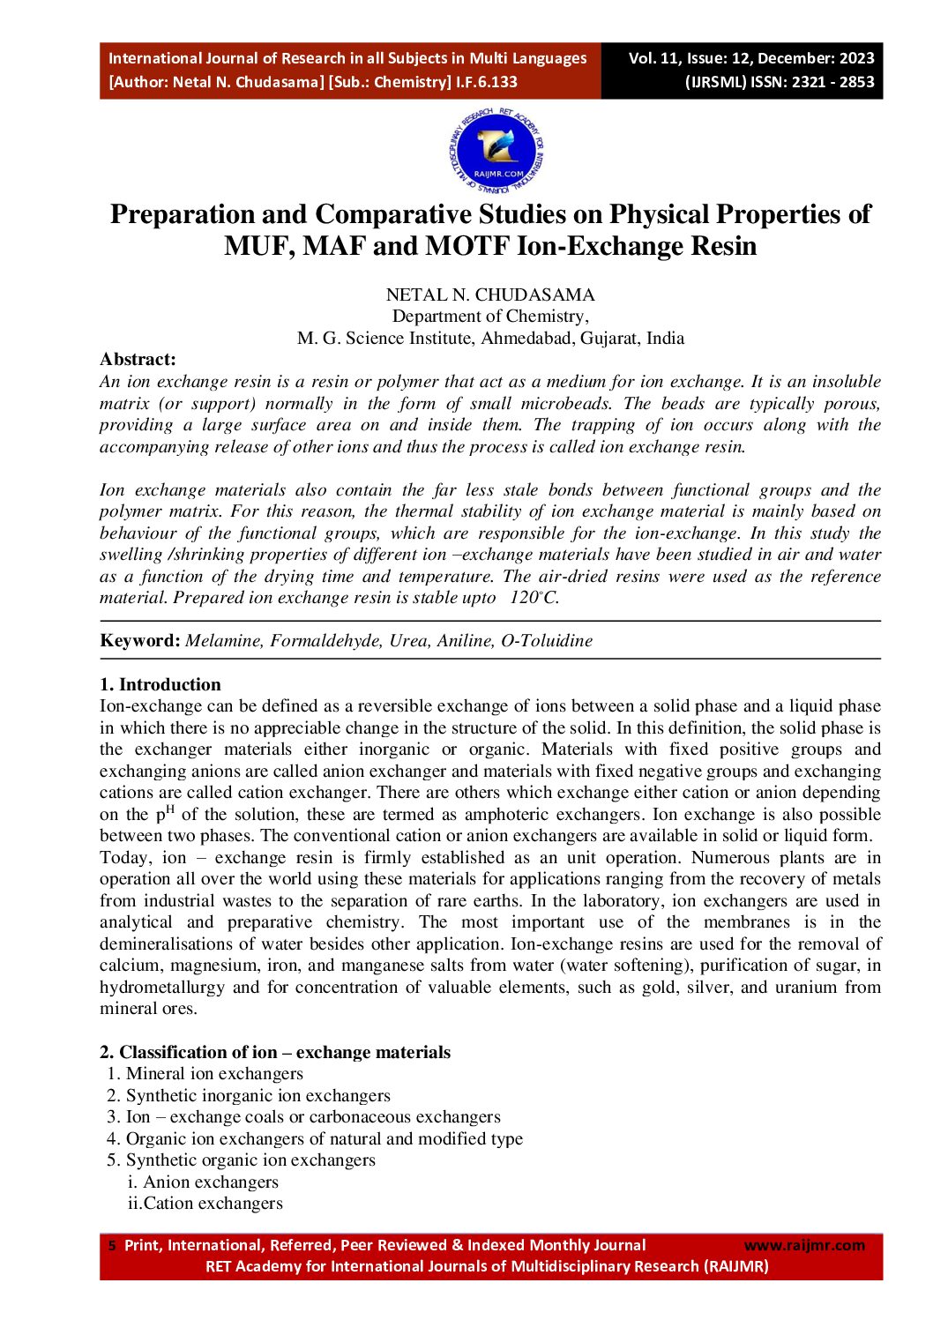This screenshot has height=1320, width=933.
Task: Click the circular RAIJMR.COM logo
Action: coord(496,153)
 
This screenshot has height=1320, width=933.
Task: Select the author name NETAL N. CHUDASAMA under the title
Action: coord(490,295)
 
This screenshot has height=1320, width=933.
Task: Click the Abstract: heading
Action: coord(138,359)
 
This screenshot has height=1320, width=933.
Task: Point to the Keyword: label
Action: coord(140,641)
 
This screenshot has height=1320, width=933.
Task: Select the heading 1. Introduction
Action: coord(160,684)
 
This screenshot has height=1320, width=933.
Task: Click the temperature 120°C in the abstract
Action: coord(534,598)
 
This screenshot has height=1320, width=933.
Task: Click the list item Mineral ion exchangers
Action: coord(213,1074)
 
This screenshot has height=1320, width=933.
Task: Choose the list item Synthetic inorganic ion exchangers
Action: coord(258,1095)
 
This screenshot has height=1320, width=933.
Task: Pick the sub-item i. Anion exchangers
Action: coord(203,1182)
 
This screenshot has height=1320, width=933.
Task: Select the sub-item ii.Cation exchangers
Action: coord(205,1204)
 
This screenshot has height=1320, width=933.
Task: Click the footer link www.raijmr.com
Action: coord(804,1245)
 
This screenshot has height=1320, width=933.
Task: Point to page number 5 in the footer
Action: coord(111,1246)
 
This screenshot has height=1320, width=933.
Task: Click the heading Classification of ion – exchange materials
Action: coord(284,1052)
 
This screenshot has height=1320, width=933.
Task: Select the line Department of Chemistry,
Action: coord(490,317)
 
